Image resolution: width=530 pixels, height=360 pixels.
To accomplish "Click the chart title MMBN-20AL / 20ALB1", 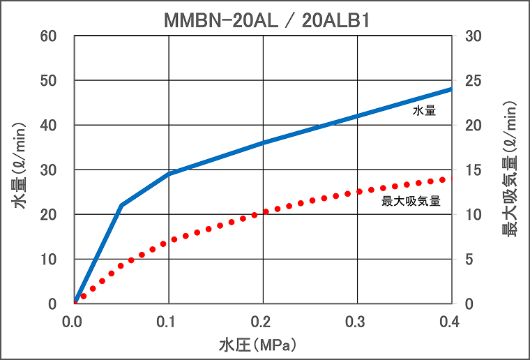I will pos(266,21).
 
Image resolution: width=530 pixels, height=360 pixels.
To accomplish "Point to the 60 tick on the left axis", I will pos(57,36).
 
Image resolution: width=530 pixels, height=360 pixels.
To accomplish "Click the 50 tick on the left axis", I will pos(57,81).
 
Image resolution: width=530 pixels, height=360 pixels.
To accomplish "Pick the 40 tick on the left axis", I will pos(57,126).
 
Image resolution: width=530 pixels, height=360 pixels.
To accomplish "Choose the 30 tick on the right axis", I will pos(474,36).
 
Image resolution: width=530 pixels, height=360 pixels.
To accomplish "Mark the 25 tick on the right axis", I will pos(474,81).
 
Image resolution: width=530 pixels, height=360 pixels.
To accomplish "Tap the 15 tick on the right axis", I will pos(474,170).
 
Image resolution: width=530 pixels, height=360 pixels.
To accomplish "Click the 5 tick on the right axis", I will pos(469,260).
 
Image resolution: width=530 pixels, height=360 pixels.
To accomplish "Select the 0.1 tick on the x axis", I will pos(168,322).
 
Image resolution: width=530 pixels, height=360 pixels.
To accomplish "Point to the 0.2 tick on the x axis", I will pos(262,322).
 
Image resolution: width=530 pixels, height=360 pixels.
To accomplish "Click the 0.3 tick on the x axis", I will pos(356,322).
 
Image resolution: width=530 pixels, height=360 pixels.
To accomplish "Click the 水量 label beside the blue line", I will pos(424,110).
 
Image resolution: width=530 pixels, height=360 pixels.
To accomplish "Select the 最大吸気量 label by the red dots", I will pos(411,202).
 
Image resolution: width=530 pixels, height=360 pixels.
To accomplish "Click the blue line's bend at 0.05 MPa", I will pos(121,206).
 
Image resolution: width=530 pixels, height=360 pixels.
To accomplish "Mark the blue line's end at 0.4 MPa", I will pos(450,89).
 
